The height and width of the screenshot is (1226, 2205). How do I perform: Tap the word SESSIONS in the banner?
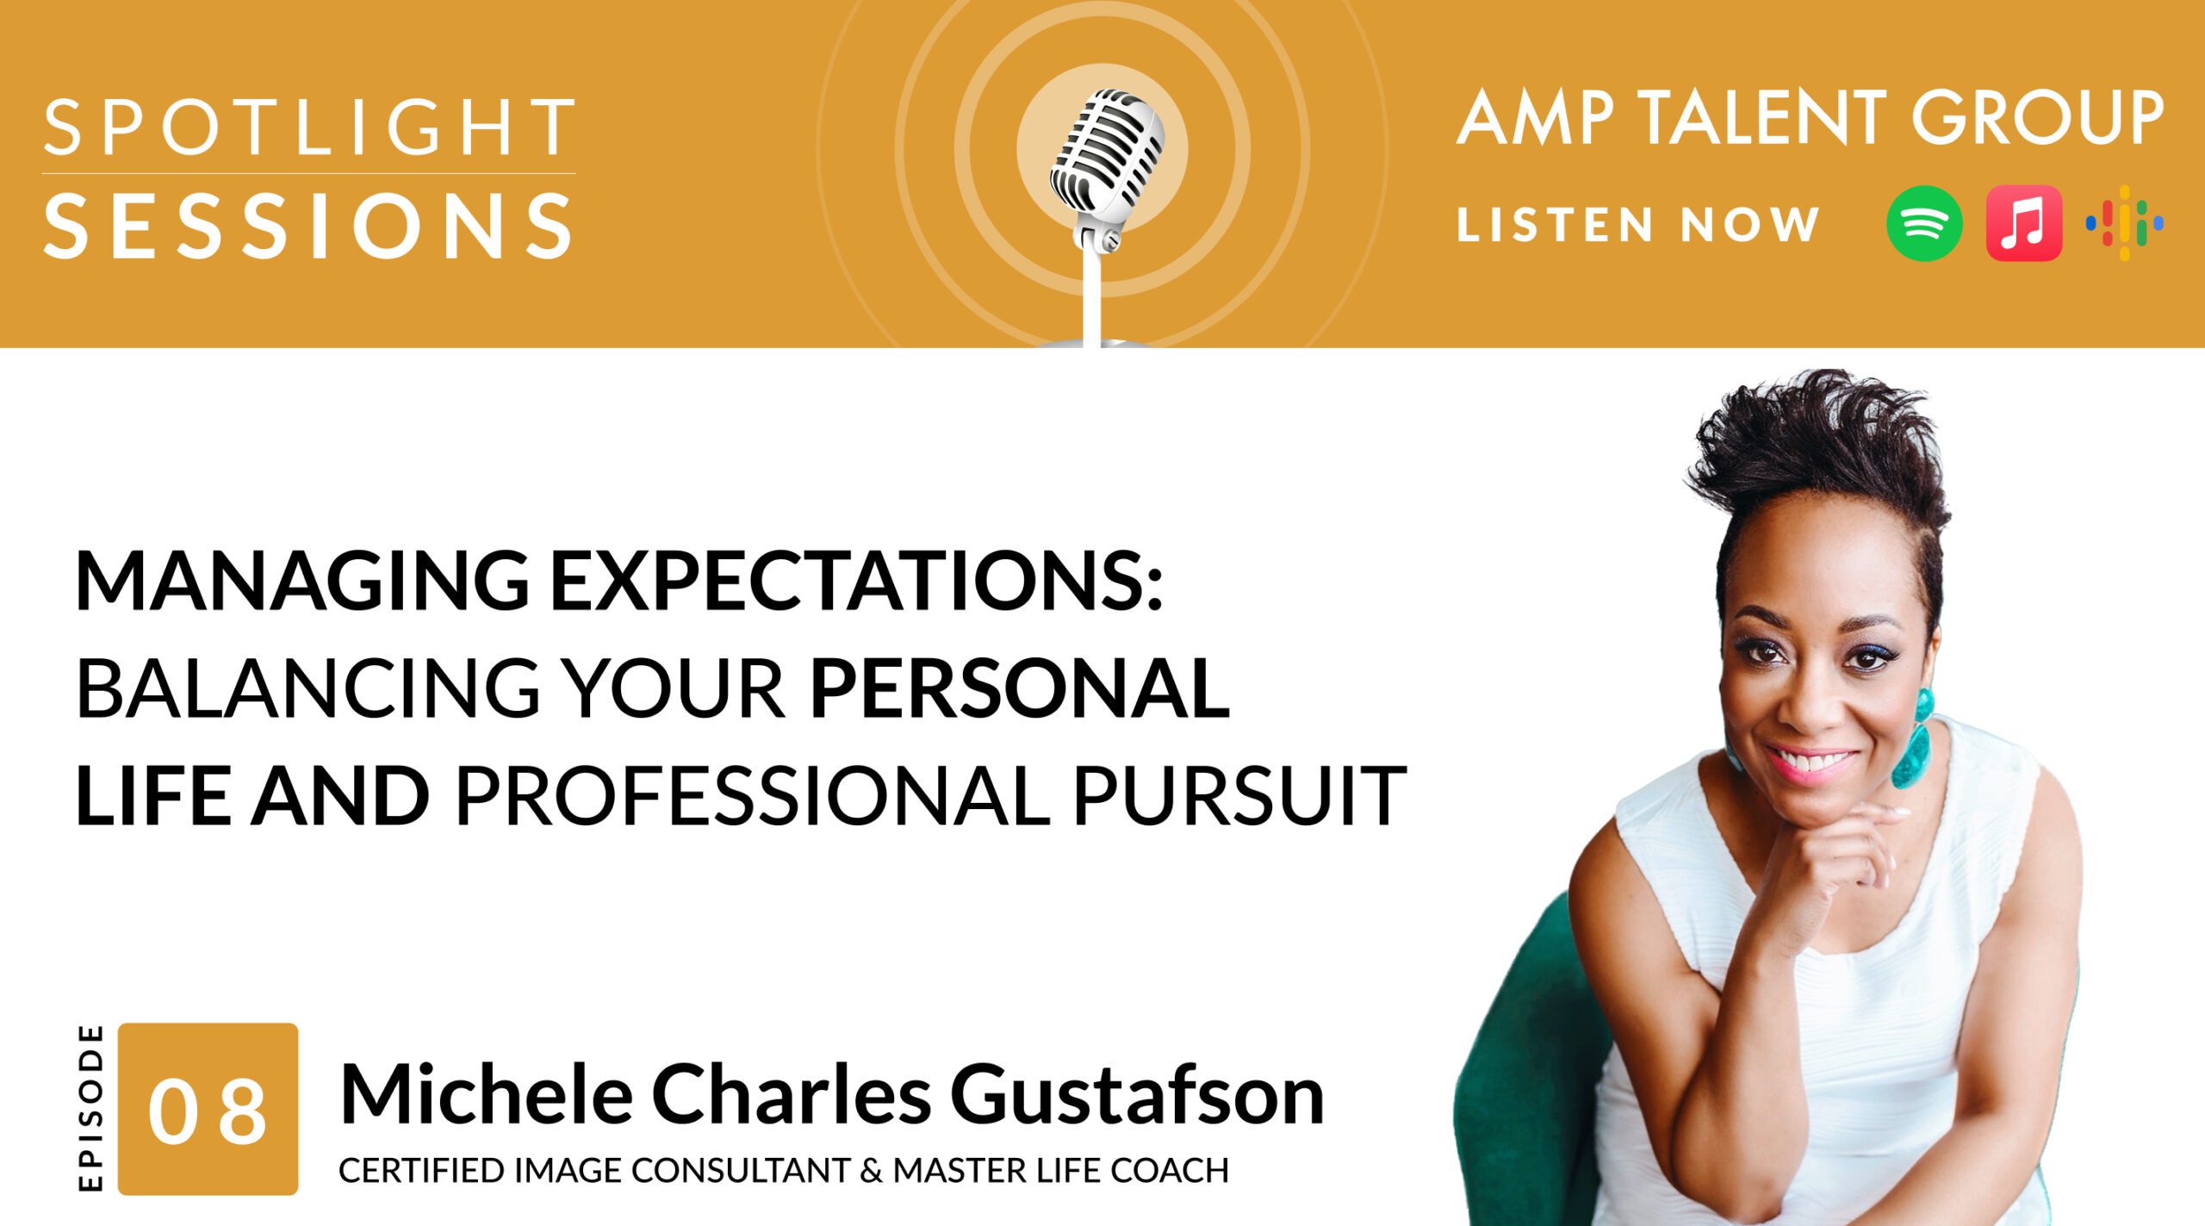pyautogui.click(x=308, y=226)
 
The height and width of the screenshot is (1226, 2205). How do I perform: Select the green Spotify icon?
pyautogui.click(x=1924, y=223)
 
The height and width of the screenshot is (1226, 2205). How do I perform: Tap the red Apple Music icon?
pyautogui.click(x=2024, y=223)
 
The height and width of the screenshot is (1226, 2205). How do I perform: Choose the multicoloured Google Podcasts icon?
pyautogui.click(x=2125, y=223)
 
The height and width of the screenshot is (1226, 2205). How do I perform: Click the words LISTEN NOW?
pyautogui.click(x=1637, y=225)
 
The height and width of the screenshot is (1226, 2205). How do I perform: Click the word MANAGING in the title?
pyautogui.click(x=303, y=582)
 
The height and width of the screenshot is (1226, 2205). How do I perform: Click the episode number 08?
pyautogui.click(x=208, y=1111)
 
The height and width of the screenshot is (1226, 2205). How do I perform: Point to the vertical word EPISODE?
pyautogui.click(x=90, y=1108)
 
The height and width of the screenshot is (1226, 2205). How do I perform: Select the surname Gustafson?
pyautogui.click(x=1137, y=1096)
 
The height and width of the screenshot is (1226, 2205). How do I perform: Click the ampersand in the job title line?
pyautogui.click(x=872, y=1171)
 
